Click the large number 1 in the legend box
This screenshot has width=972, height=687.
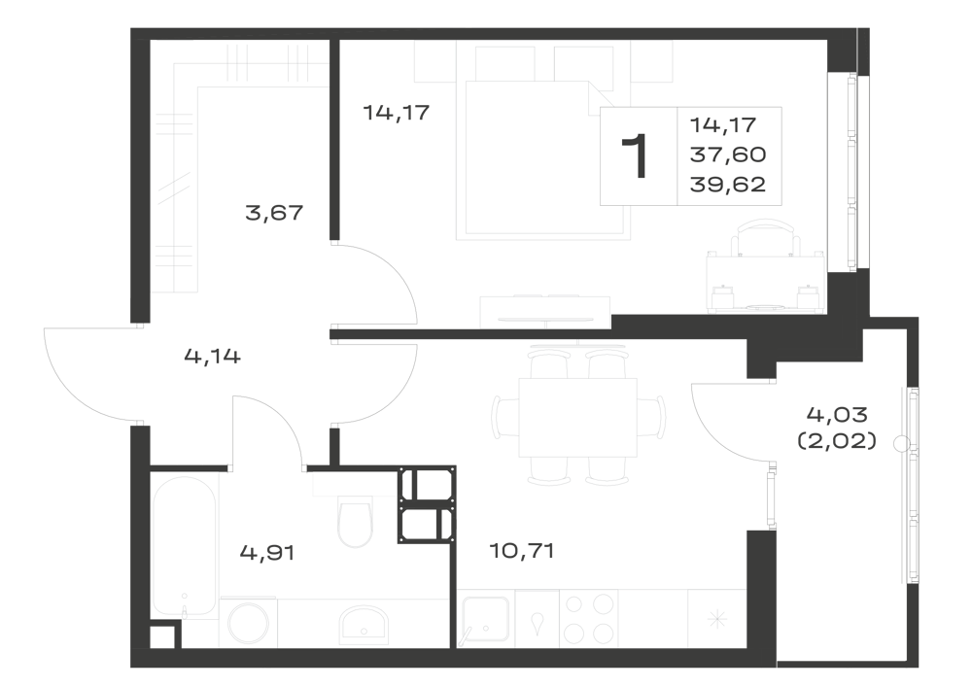(x=636, y=156)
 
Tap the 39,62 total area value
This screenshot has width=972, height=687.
(x=728, y=185)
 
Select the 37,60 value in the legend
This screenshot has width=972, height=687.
(x=728, y=155)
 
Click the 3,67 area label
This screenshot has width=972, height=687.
(x=274, y=214)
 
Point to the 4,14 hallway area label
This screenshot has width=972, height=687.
(x=213, y=357)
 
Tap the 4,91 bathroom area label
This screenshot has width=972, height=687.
(x=267, y=552)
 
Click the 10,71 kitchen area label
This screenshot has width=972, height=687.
(x=521, y=550)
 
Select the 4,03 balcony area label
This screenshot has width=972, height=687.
(x=837, y=413)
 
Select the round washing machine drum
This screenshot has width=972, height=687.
(x=249, y=625)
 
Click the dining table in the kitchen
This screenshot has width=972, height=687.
(x=577, y=417)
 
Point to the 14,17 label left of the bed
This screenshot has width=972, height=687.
(x=397, y=114)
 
